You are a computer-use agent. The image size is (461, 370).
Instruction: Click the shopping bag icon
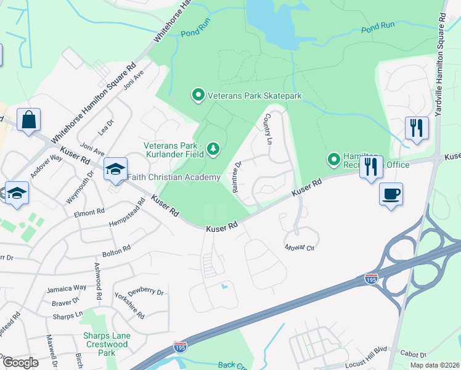(x=29, y=120)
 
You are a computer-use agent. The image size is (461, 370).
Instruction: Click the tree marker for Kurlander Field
(x=213, y=149)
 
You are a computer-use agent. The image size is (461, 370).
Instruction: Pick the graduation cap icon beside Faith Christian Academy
(x=115, y=171)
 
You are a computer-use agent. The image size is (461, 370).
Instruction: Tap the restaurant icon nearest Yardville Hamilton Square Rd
(x=417, y=128)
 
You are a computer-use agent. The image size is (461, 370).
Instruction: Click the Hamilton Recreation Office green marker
(x=334, y=160)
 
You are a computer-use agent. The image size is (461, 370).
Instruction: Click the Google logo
(x=20, y=363)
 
